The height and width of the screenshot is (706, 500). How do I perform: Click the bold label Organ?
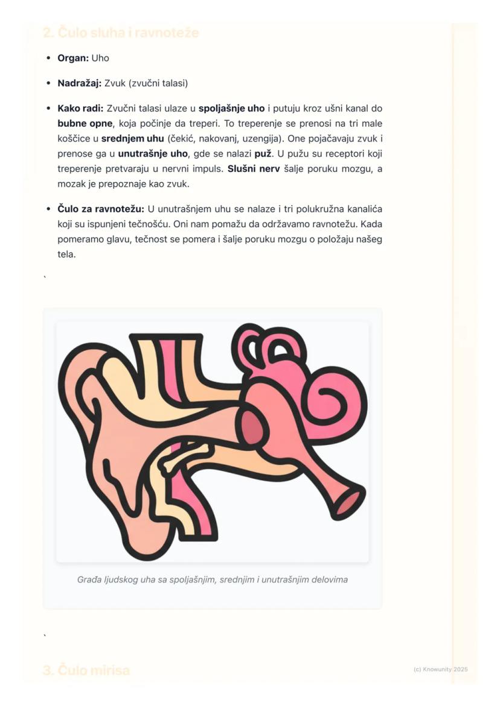(73, 58)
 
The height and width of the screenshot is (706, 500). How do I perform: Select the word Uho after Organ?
(100, 58)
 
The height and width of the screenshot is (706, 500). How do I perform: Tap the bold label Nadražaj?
(80, 83)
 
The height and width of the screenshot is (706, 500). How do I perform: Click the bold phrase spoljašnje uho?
(231, 109)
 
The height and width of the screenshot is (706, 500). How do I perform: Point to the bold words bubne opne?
(85, 124)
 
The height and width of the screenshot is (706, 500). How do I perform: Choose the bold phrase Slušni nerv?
(254, 169)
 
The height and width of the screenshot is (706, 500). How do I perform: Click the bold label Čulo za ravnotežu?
(101, 209)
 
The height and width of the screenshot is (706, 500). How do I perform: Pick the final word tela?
(66, 254)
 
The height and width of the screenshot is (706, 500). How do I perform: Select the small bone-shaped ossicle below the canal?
(184, 456)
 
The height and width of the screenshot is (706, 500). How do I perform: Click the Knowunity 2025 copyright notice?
(441, 669)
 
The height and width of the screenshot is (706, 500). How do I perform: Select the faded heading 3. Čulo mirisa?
(86, 670)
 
